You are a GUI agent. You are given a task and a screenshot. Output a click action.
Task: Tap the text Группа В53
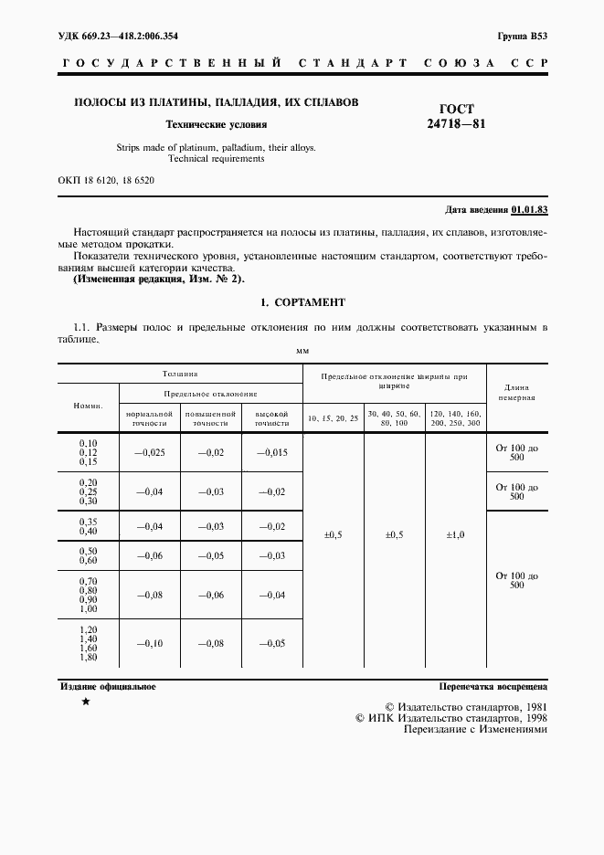(x=523, y=36)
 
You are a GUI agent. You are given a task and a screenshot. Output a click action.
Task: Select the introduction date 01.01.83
(x=529, y=210)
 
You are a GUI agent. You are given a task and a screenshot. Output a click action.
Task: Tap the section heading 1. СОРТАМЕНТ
(x=302, y=302)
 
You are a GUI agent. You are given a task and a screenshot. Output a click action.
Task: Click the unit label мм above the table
(x=302, y=351)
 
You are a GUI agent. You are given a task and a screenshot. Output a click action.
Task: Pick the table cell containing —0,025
(x=150, y=453)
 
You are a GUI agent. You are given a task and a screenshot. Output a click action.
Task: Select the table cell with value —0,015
(x=271, y=453)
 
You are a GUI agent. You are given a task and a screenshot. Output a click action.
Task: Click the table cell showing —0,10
(x=150, y=643)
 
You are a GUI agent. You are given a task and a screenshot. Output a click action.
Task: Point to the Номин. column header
(x=90, y=405)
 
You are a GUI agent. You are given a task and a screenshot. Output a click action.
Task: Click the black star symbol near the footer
(x=86, y=702)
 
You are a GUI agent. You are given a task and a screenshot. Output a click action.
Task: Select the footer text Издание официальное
(x=107, y=685)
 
